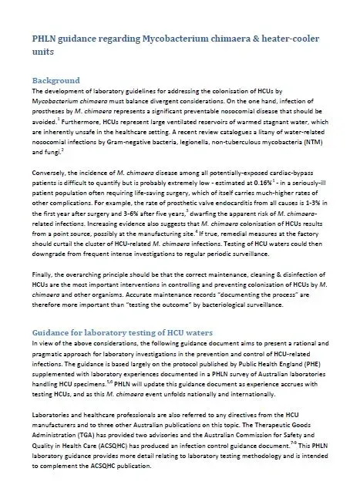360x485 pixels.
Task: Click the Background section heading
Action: tap(56, 80)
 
